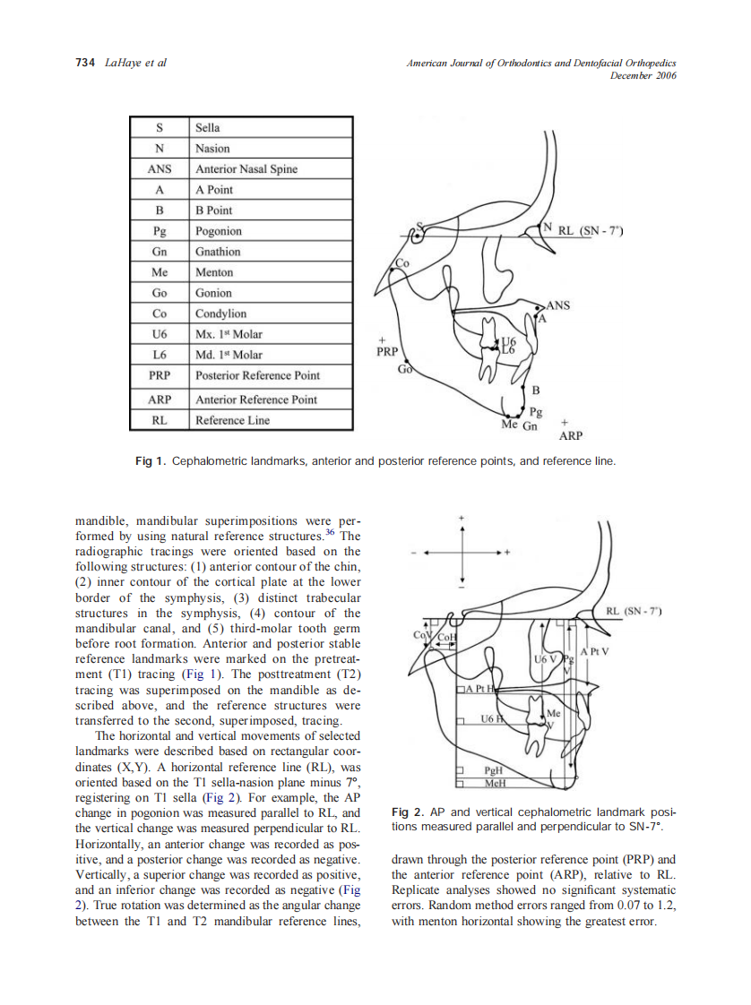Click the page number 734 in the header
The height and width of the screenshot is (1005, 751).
(85, 64)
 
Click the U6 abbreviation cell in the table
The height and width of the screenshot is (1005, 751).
(160, 334)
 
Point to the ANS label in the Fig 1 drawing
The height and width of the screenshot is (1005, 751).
(557, 305)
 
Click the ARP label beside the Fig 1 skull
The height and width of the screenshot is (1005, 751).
(571, 436)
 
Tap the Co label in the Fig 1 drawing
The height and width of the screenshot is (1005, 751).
(402, 263)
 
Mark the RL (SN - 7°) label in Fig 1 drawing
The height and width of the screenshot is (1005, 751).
(590, 230)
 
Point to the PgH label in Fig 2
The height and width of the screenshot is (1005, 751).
(494, 770)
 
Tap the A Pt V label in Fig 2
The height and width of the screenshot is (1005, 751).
(594, 651)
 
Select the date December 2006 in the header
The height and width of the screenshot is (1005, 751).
(643, 76)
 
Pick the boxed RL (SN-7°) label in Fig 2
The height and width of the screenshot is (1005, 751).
(633, 612)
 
